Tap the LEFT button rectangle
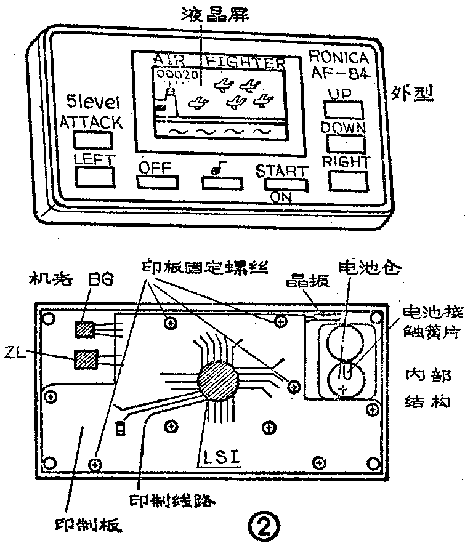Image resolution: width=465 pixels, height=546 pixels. point(95,176)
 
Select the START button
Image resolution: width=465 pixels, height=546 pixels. point(286,183)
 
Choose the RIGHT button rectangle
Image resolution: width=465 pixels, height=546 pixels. point(347,179)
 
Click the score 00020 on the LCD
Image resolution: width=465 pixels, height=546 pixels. point(178,75)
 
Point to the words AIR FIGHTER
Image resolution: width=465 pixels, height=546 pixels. point(219,62)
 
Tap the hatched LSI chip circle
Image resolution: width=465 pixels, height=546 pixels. point(217,381)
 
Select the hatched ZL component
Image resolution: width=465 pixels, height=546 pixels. point(86,358)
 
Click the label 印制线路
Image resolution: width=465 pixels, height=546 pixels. point(172,500)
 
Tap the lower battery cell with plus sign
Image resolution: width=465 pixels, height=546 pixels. point(344,379)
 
